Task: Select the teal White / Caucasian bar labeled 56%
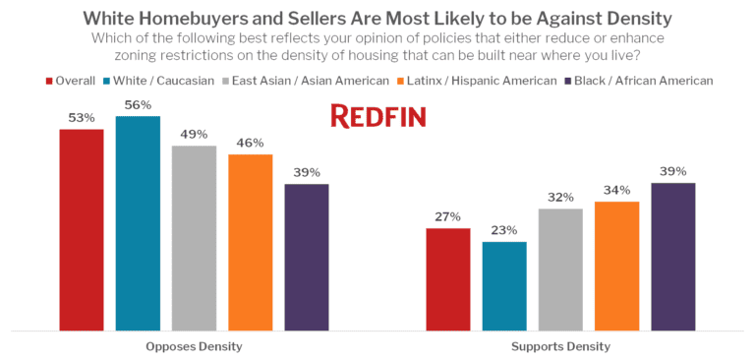(138, 222)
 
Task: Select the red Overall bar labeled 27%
(447, 278)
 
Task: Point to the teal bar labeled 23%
(504, 285)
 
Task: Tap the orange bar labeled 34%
(617, 266)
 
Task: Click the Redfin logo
(377, 116)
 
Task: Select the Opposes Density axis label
(193, 346)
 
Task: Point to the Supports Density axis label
(560, 346)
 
